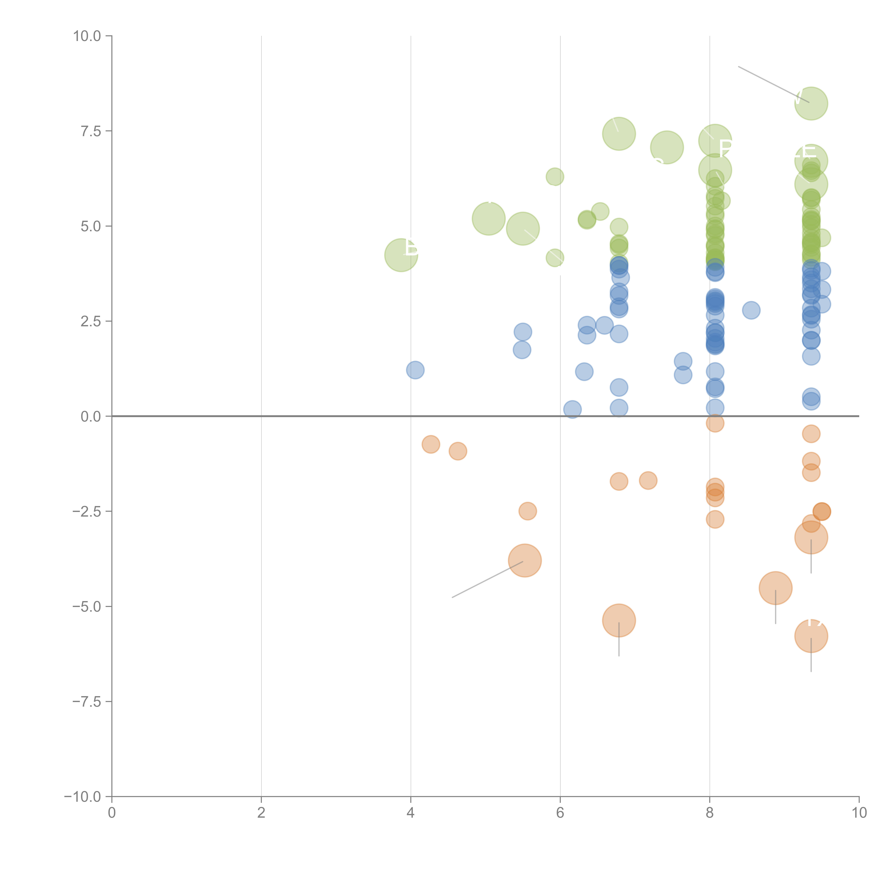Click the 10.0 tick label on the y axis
[87, 36]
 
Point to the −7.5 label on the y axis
[87, 701]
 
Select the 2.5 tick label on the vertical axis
[91, 321]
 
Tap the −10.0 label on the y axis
[83, 797]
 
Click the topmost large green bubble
[811, 103]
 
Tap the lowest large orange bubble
[811, 636]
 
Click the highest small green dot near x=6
[555, 176]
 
